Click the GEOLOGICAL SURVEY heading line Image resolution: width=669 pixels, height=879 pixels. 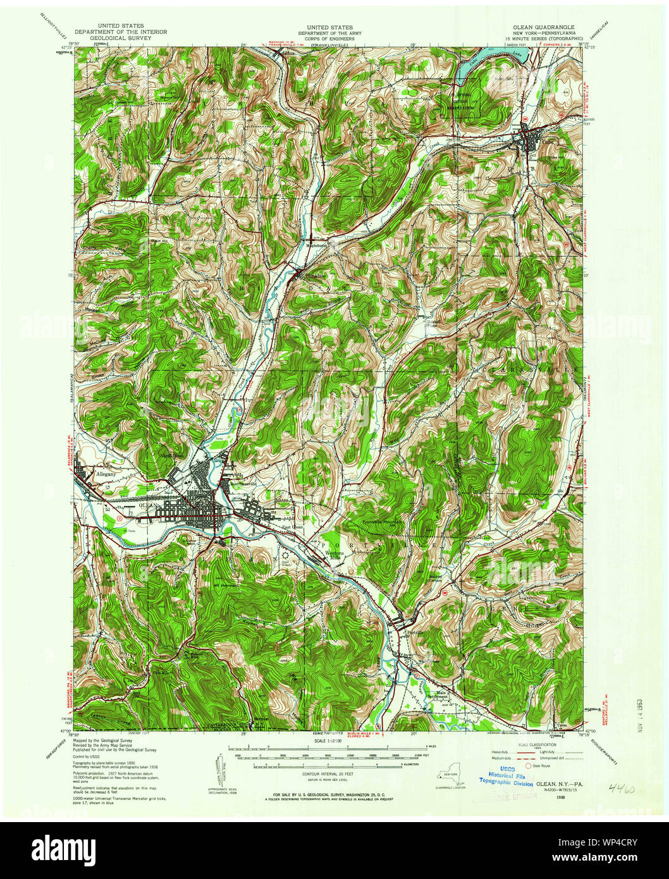coord(121,38)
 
